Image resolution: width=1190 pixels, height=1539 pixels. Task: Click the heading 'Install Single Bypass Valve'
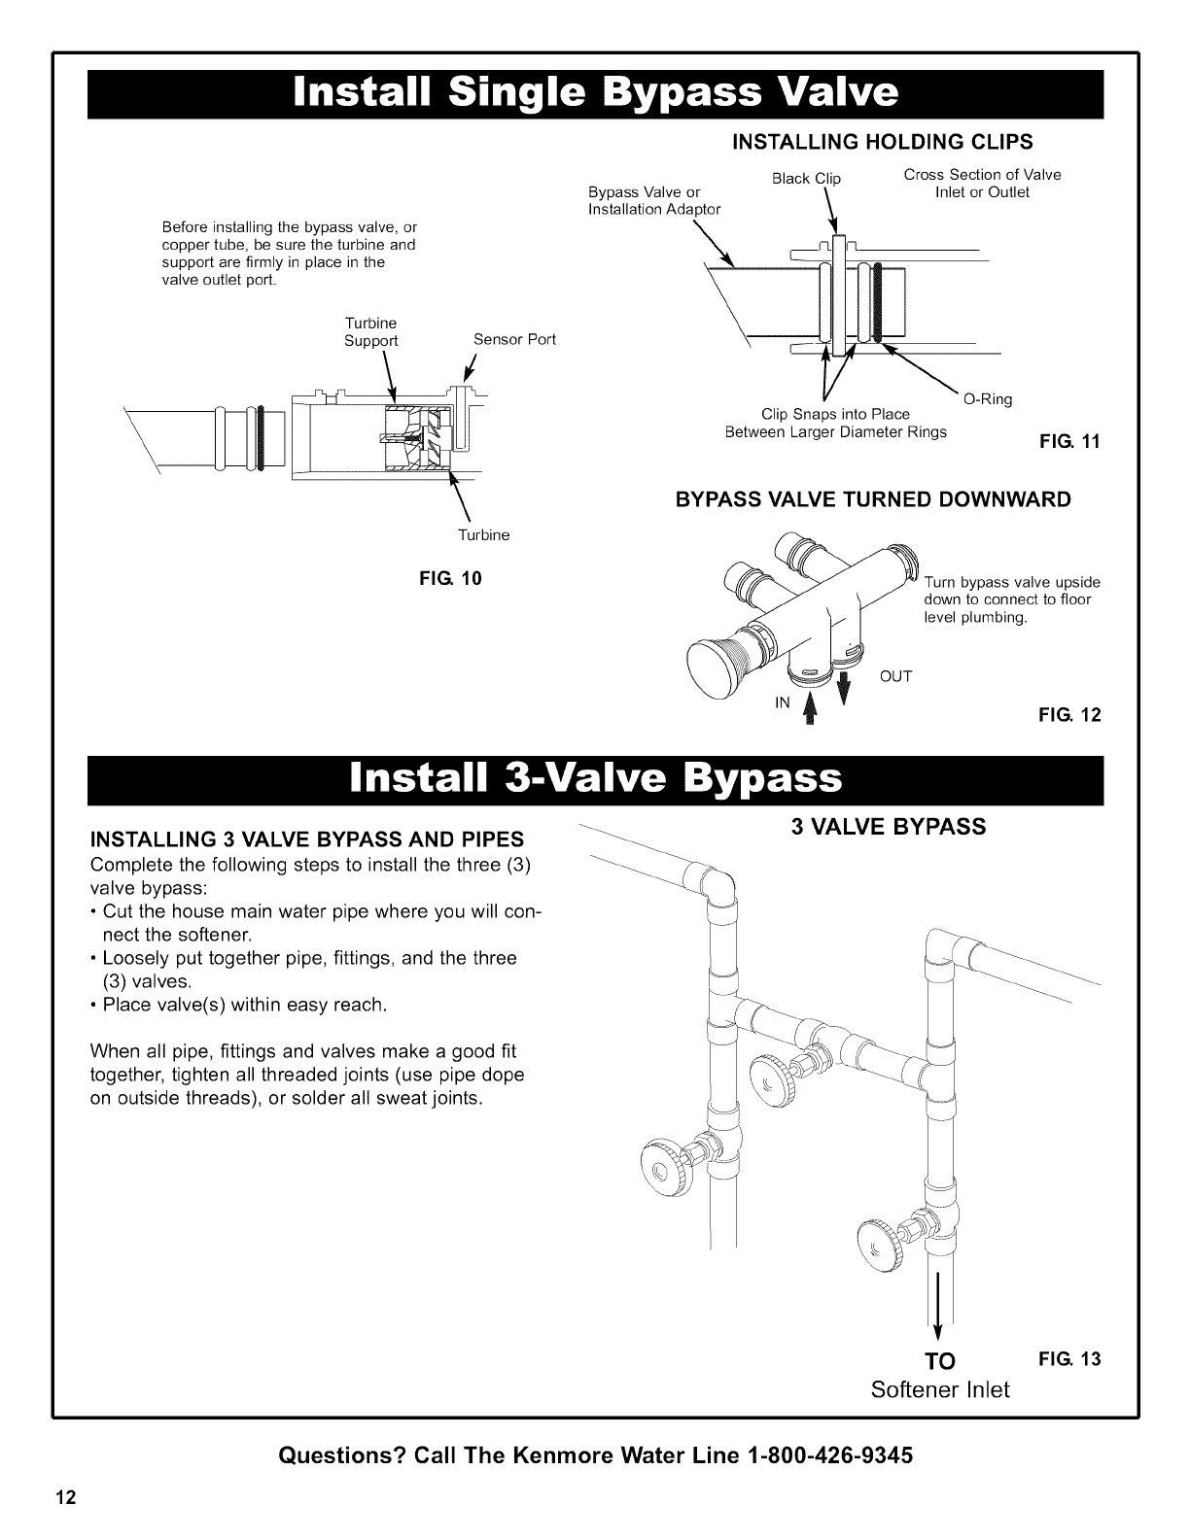595,95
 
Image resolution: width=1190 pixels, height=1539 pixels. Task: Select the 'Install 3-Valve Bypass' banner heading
595,778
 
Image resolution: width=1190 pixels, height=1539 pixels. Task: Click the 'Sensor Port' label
514,339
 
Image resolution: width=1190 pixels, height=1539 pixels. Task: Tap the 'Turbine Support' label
371,331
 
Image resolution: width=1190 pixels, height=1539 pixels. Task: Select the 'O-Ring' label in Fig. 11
987,399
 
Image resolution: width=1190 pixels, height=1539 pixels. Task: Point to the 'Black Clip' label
805,178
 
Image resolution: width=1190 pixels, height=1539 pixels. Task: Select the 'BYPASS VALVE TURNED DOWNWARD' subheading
873,499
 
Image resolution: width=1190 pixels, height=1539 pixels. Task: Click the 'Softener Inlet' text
940,1389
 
